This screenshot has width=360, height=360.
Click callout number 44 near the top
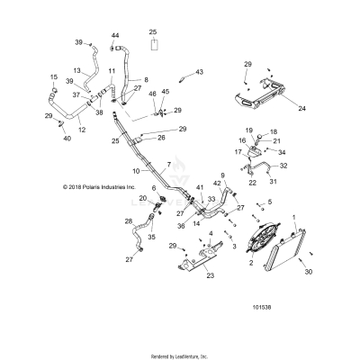pos(114,35)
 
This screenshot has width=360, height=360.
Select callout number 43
pos(200,72)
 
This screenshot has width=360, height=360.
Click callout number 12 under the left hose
pos(82,130)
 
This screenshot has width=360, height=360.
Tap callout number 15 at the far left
pos(53,76)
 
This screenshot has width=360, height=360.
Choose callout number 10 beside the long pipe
pos(137,170)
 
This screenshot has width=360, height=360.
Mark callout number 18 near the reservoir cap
pos(274,131)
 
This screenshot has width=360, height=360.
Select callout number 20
pos(143,197)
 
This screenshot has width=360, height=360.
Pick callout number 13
pos(76,70)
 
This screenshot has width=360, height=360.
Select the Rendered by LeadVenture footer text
pos(179,355)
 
